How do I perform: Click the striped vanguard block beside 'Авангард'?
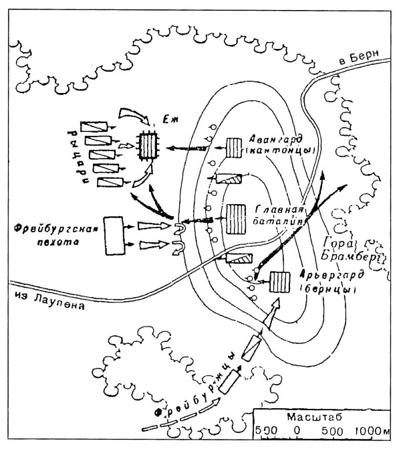(x=233, y=147)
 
